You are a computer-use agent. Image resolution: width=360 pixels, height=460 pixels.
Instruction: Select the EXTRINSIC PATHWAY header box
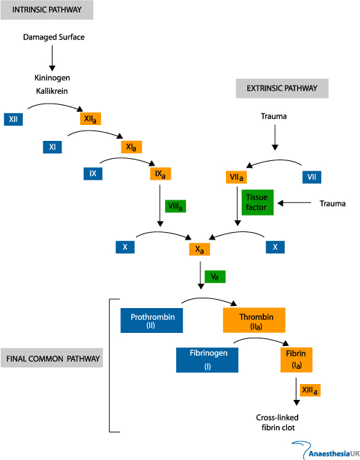coord(282,88)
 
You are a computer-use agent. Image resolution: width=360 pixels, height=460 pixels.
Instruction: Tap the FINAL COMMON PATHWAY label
coord(54,359)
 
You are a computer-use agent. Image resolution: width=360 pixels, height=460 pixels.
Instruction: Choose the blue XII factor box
coord(13,119)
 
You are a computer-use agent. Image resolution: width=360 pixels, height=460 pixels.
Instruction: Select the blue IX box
coord(93,173)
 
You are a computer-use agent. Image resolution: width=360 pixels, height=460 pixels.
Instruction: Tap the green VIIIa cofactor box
coord(176,206)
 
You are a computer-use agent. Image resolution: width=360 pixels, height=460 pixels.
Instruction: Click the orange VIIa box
coord(238,178)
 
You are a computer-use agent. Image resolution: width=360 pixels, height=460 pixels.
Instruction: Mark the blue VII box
coord(312,178)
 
